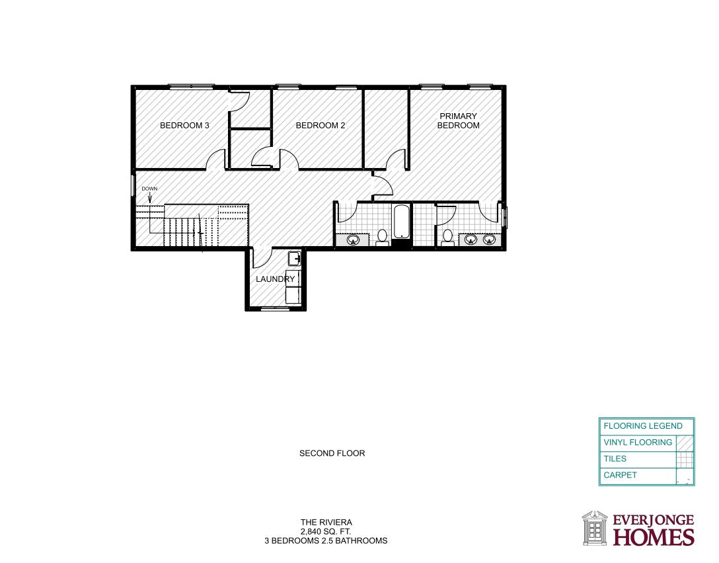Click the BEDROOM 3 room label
184,125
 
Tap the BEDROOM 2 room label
320,125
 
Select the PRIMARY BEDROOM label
458,121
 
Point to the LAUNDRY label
275,279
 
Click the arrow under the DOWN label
149,197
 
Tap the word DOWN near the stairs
149,189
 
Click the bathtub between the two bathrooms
400,222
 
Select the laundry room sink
294,259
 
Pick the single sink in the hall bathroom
353,239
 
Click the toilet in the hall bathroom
382,238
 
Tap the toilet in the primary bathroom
447,238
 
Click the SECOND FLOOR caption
332,453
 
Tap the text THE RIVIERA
326,522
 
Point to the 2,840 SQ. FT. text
326,531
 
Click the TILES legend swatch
685,458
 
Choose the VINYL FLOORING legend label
638,442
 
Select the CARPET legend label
620,475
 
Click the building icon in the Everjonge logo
595,528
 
